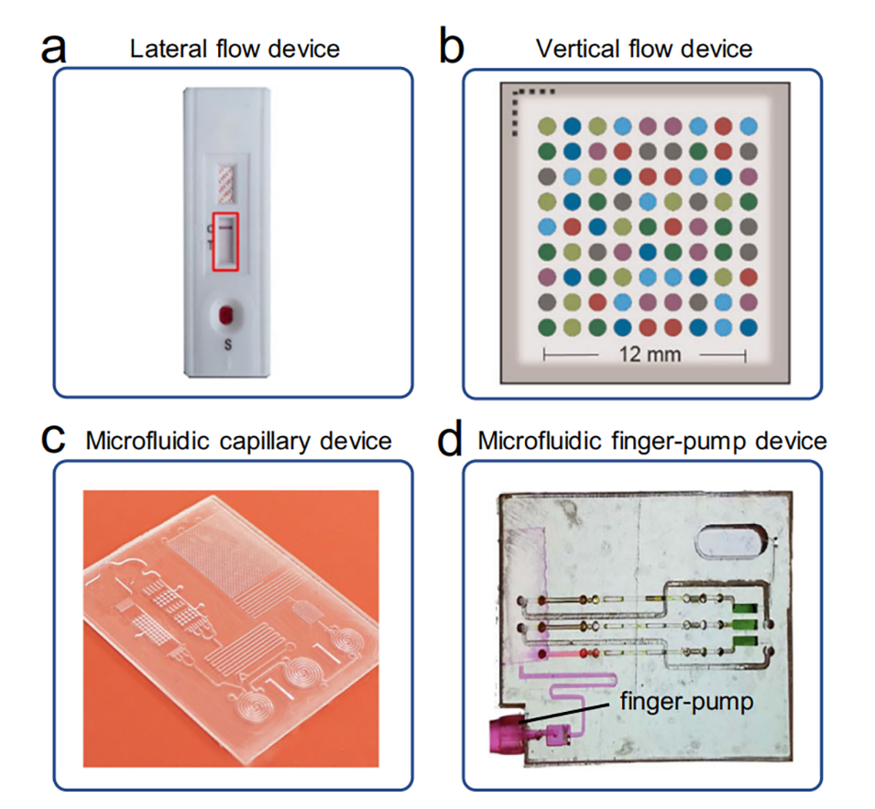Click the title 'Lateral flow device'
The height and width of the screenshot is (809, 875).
(x=235, y=48)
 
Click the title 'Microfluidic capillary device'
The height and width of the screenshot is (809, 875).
(x=238, y=441)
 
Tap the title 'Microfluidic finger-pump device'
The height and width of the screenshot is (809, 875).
(x=652, y=441)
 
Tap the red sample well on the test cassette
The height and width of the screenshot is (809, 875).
(x=225, y=316)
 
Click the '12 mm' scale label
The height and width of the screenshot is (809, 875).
(x=644, y=353)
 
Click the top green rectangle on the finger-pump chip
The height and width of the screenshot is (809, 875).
(x=743, y=606)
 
